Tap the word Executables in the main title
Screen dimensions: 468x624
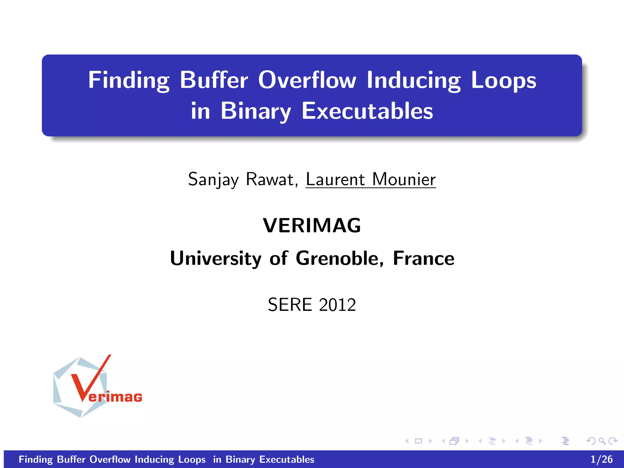point(367,111)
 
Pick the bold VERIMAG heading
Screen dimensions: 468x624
point(312,225)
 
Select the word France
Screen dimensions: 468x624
point(424,258)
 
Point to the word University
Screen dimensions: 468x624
point(216,258)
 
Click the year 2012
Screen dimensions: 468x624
point(338,305)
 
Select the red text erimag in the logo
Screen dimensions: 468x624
point(115,397)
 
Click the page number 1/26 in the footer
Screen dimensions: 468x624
point(601,459)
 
